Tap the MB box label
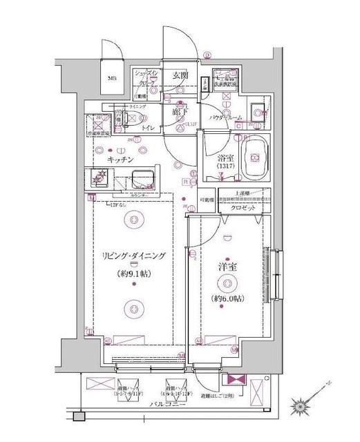(111, 79)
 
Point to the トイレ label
(147, 128)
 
